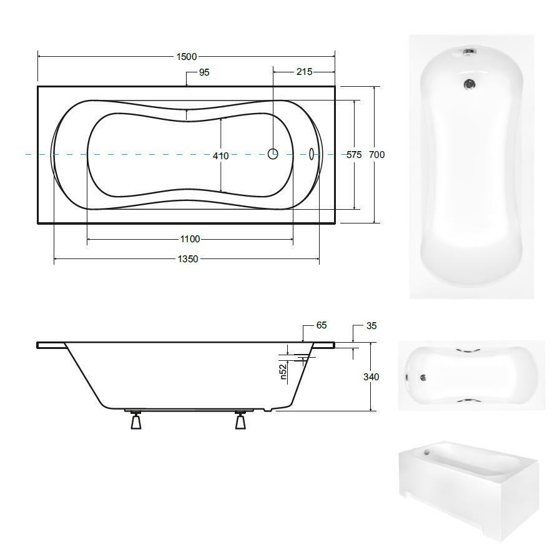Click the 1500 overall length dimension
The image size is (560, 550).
pos(187,56)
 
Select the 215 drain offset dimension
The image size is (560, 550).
pos(304,72)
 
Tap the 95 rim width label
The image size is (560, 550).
pos(204,72)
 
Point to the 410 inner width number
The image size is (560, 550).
pos(221,155)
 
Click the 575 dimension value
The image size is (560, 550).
pos(354,155)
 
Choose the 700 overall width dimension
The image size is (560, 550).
pos(377,155)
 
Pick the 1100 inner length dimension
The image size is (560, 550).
pos(190,239)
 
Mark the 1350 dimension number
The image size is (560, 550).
pos(188,259)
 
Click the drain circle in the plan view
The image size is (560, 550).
pos(273,154)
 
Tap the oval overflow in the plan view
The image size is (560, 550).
pos(312,154)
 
